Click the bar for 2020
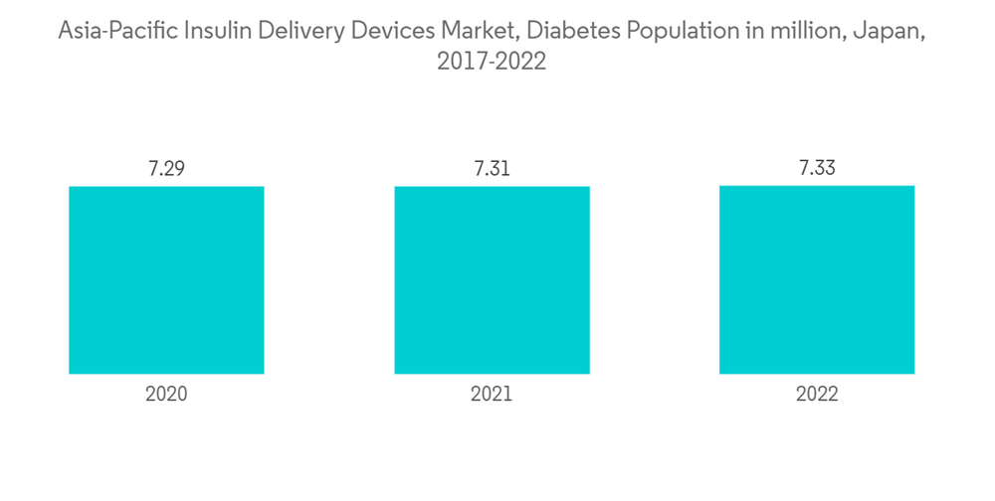[x=166, y=280]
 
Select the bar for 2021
[x=492, y=280]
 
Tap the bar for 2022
[x=817, y=279]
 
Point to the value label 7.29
[x=166, y=168]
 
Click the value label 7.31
[x=492, y=168]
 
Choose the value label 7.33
[x=817, y=168]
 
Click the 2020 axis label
[x=166, y=394]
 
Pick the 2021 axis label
[x=492, y=394]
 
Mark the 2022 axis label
[x=817, y=394]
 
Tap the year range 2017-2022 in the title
[x=492, y=61]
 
